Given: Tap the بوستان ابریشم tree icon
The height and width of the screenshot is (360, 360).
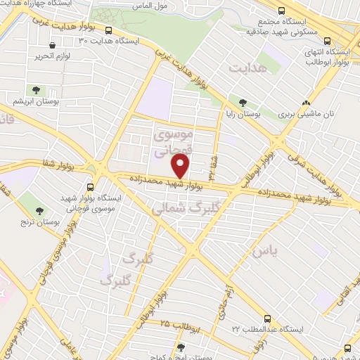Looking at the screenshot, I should tap(36, 90).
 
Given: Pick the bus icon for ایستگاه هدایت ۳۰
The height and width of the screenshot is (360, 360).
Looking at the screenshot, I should tap(108, 30).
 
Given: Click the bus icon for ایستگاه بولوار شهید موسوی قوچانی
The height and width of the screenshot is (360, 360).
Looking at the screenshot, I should tap(90, 187).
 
